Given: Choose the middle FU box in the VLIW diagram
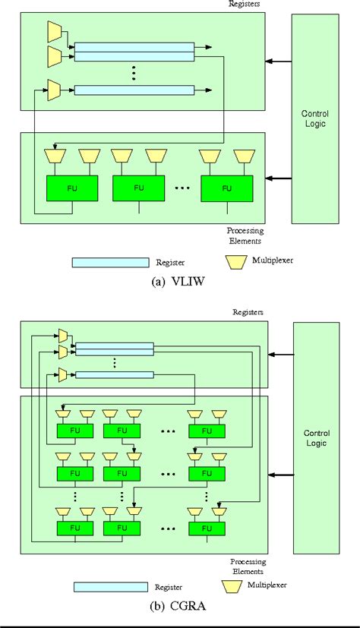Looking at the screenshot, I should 138,187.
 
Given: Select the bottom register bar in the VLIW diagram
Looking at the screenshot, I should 134,90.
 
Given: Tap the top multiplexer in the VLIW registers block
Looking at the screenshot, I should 55,30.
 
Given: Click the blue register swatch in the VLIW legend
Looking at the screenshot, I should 109,262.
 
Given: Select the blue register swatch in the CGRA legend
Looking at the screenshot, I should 109,586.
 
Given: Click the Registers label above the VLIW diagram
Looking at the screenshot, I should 245,3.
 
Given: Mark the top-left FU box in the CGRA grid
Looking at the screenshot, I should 74,431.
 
